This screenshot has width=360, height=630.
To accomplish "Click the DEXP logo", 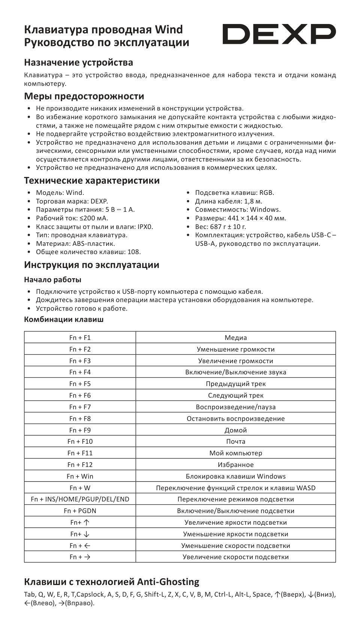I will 279,34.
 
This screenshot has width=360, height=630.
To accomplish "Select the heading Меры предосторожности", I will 84,96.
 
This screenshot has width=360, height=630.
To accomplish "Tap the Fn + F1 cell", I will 80,338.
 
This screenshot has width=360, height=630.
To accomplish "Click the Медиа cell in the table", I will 235,338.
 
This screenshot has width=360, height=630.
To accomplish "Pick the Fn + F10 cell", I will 80,441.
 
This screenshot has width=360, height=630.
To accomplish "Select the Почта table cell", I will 235,441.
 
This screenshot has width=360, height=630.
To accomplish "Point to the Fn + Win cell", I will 80,476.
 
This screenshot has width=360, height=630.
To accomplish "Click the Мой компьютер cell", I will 235,453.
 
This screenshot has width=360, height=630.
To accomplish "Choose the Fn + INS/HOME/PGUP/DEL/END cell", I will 80,499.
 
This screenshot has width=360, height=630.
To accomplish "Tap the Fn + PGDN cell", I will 80,511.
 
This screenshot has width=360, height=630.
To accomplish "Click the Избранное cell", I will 235,465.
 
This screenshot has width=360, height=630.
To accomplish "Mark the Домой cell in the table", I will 235,430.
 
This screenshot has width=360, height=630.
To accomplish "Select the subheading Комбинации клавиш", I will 64,320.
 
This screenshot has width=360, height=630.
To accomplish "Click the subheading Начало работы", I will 52,280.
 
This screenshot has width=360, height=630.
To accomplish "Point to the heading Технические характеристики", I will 92,181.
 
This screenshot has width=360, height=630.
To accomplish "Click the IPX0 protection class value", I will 145,227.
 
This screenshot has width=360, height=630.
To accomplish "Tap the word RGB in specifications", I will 267,193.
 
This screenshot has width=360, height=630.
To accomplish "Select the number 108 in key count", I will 133,252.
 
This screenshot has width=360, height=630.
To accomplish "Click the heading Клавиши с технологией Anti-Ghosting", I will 112,582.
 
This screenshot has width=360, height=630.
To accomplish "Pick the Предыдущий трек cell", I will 235,384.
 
